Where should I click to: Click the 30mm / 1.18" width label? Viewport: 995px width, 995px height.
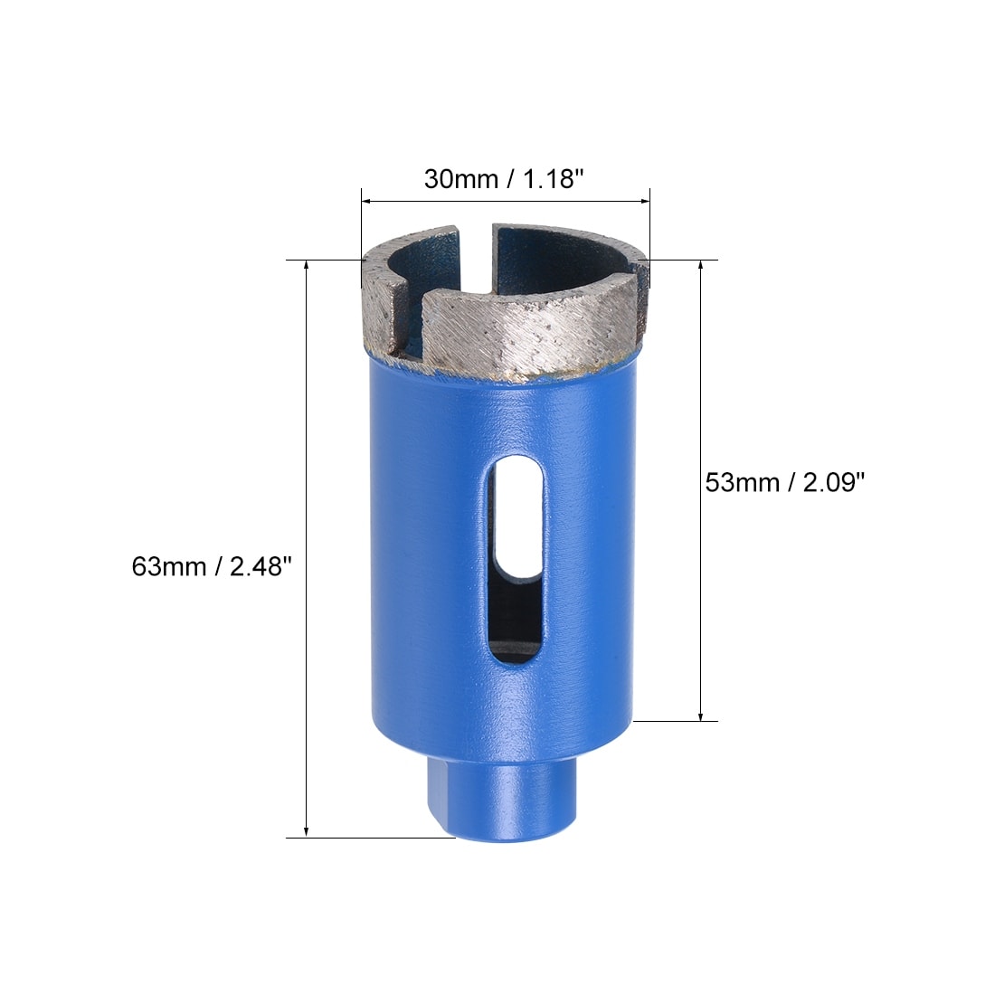[504, 179]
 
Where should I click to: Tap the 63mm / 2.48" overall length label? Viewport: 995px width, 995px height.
[212, 566]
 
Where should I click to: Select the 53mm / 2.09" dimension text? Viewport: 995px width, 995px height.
[785, 483]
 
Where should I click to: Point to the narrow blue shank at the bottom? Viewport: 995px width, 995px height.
[501, 801]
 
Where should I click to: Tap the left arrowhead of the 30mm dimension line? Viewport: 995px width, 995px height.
[366, 202]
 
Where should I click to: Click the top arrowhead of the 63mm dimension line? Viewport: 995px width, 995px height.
[307, 266]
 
